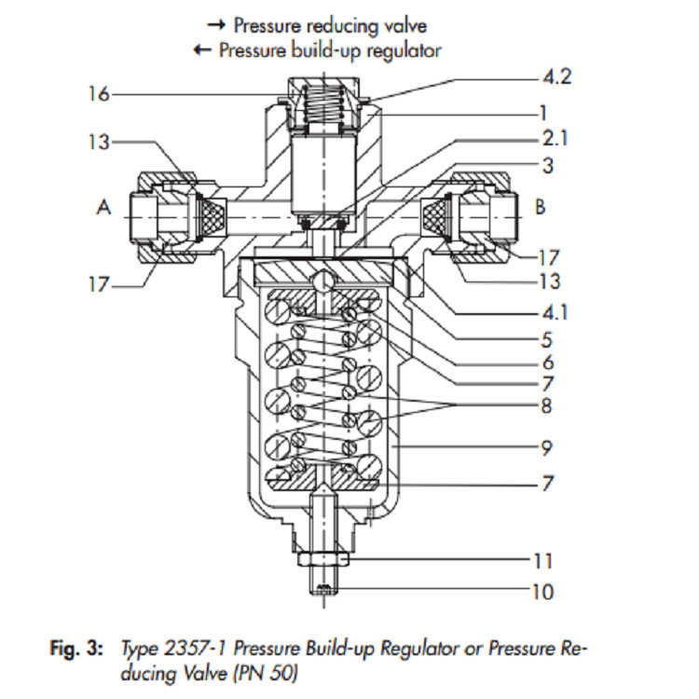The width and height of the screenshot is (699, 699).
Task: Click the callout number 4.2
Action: tap(556, 77)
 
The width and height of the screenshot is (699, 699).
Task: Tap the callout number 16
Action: tap(99, 94)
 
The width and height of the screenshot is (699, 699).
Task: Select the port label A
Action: tap(103, 207)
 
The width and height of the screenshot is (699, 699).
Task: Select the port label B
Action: tap(540, 207)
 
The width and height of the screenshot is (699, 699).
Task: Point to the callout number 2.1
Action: tap(555, 139)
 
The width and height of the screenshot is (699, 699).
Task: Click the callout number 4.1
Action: tap(555, 313)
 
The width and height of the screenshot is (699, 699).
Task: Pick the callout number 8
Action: tap(546, 405)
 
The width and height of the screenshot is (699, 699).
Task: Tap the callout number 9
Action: tap(546, 447)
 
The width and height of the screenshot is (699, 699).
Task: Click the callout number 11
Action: tap(543, 561)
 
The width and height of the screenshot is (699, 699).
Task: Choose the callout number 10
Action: tap(543, 593)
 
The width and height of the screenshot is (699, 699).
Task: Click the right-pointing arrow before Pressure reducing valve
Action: tap(216, 25)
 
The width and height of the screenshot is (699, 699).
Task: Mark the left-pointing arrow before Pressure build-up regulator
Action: tap(202, 49)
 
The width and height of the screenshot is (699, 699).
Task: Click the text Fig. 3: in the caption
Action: tap(76, 648)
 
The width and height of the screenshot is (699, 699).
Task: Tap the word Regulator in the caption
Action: tap(419, 649)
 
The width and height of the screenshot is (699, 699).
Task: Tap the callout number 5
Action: tap(546, 340)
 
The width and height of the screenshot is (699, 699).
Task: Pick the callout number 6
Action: tap(548, 363)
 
